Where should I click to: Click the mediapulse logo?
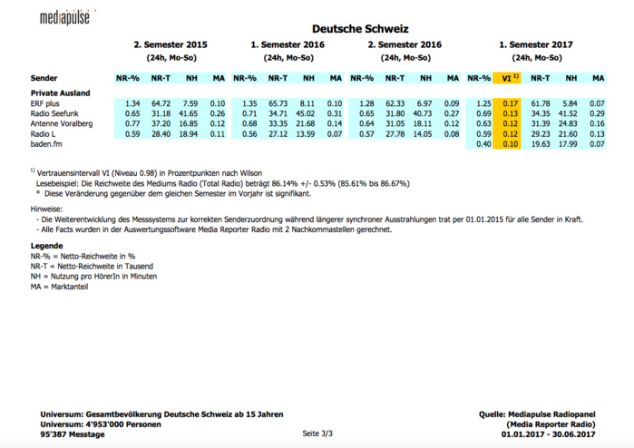70,16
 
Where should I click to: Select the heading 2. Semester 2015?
171,44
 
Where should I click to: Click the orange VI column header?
508,78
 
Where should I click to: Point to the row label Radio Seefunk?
56,114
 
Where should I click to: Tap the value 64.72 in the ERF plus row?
161,104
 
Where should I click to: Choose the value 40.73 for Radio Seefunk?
424,114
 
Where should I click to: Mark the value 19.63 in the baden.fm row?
541,144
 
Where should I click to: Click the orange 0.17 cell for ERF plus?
510,104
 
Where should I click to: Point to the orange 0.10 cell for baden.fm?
510,144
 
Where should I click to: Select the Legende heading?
46,246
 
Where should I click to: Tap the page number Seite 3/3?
318,434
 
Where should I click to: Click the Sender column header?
44,78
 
